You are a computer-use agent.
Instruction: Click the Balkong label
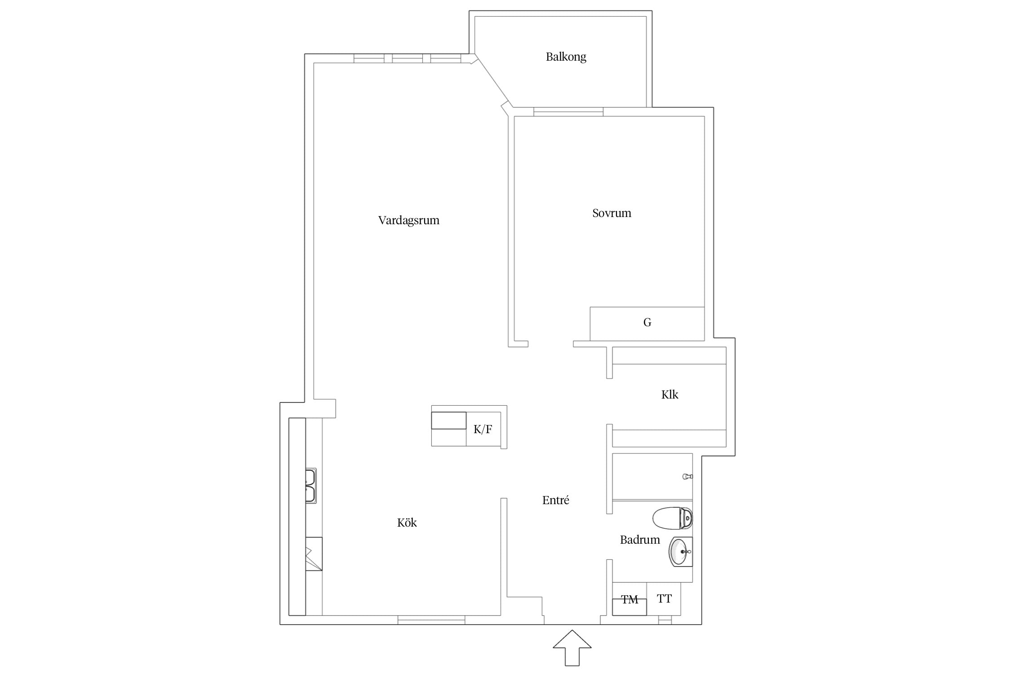tap(566, 57)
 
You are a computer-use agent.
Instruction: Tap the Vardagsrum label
tap(408, 221)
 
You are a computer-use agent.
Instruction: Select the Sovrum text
tap(612, 213)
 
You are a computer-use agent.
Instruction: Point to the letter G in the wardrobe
tap(647, 322)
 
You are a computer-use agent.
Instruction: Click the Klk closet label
tap(670, 395)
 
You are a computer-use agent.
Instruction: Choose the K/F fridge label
tap(483, 429)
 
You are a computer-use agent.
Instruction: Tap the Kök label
tap(407, 523)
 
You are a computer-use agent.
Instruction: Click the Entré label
tap(555, 500)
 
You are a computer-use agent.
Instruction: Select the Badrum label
tap(640, 540)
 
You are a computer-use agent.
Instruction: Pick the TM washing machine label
tap(630, 599)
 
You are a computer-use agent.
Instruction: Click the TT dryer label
tap(664, 599)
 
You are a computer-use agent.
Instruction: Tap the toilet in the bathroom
tap(672, 518)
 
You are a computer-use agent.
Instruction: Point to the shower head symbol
tap(687, 476)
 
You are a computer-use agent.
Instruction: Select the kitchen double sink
tap(310, 485)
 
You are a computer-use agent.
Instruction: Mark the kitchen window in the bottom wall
tap(431, 620)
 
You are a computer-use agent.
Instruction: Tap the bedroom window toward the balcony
tap(568, 112)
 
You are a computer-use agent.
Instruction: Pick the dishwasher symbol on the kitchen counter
tap(314, 554)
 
